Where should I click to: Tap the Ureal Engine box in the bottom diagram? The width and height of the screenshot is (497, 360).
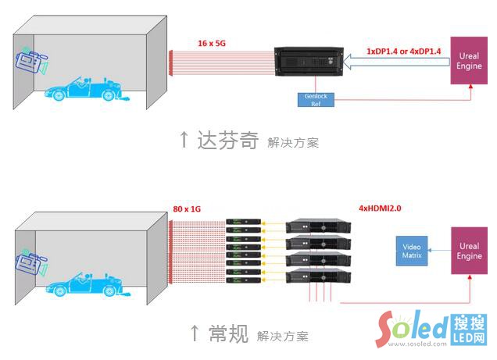coord(469,251)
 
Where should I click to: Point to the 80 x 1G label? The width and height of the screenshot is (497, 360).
coord(189,209)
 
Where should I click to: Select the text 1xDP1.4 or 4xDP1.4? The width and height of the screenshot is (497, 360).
coord(402,51)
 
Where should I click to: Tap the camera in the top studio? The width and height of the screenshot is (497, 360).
coord(32,59)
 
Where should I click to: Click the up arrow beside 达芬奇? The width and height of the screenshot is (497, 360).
coord(184,140)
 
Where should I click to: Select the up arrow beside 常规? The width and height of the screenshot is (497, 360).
coord(195,333)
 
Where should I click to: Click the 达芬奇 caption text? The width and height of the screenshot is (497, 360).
coord(227,141)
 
